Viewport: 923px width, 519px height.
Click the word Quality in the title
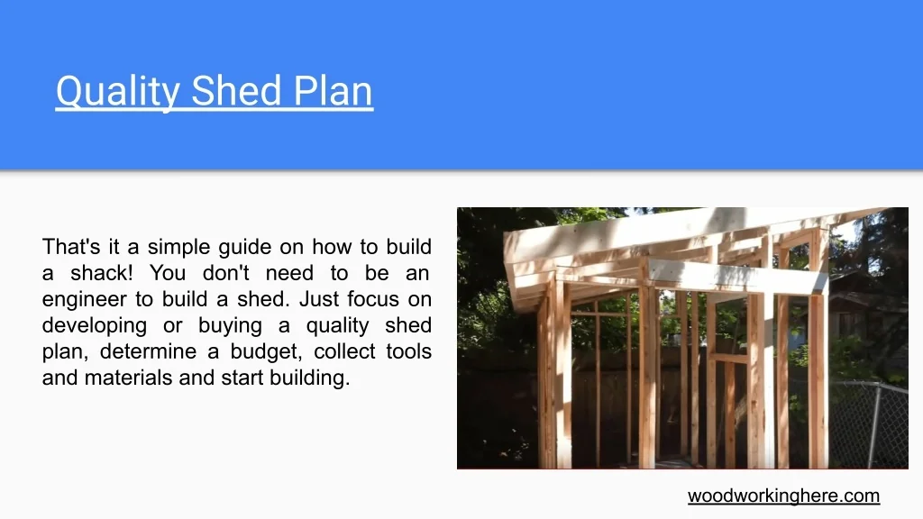pos(118,91)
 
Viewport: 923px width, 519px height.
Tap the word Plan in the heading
pos(333,91)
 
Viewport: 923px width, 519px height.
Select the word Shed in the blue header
pos(236,91)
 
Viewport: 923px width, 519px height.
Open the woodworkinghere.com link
pos(783,496)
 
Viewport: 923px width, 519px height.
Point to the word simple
pos(179,248)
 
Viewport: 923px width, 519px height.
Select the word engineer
pos(85,300)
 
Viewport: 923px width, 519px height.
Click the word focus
pos(373,299)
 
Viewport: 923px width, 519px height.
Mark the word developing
pos(94,326)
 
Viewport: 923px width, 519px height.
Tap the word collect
pos(345,351)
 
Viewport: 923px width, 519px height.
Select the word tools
pos(409,351)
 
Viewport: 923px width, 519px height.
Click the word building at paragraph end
pos(310,378)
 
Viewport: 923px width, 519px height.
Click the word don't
pos(225,273)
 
